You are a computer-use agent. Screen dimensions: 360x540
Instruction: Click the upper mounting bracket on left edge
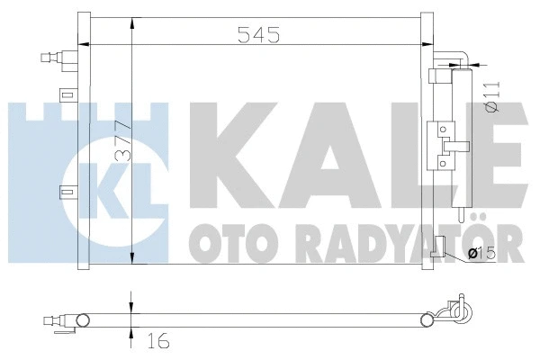[65, 94]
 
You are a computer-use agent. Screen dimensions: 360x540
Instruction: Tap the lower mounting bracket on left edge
[65, 191]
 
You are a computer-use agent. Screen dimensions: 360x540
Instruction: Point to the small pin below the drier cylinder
[460, 219]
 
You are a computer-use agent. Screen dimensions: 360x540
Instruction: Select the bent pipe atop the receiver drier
[454, 61]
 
